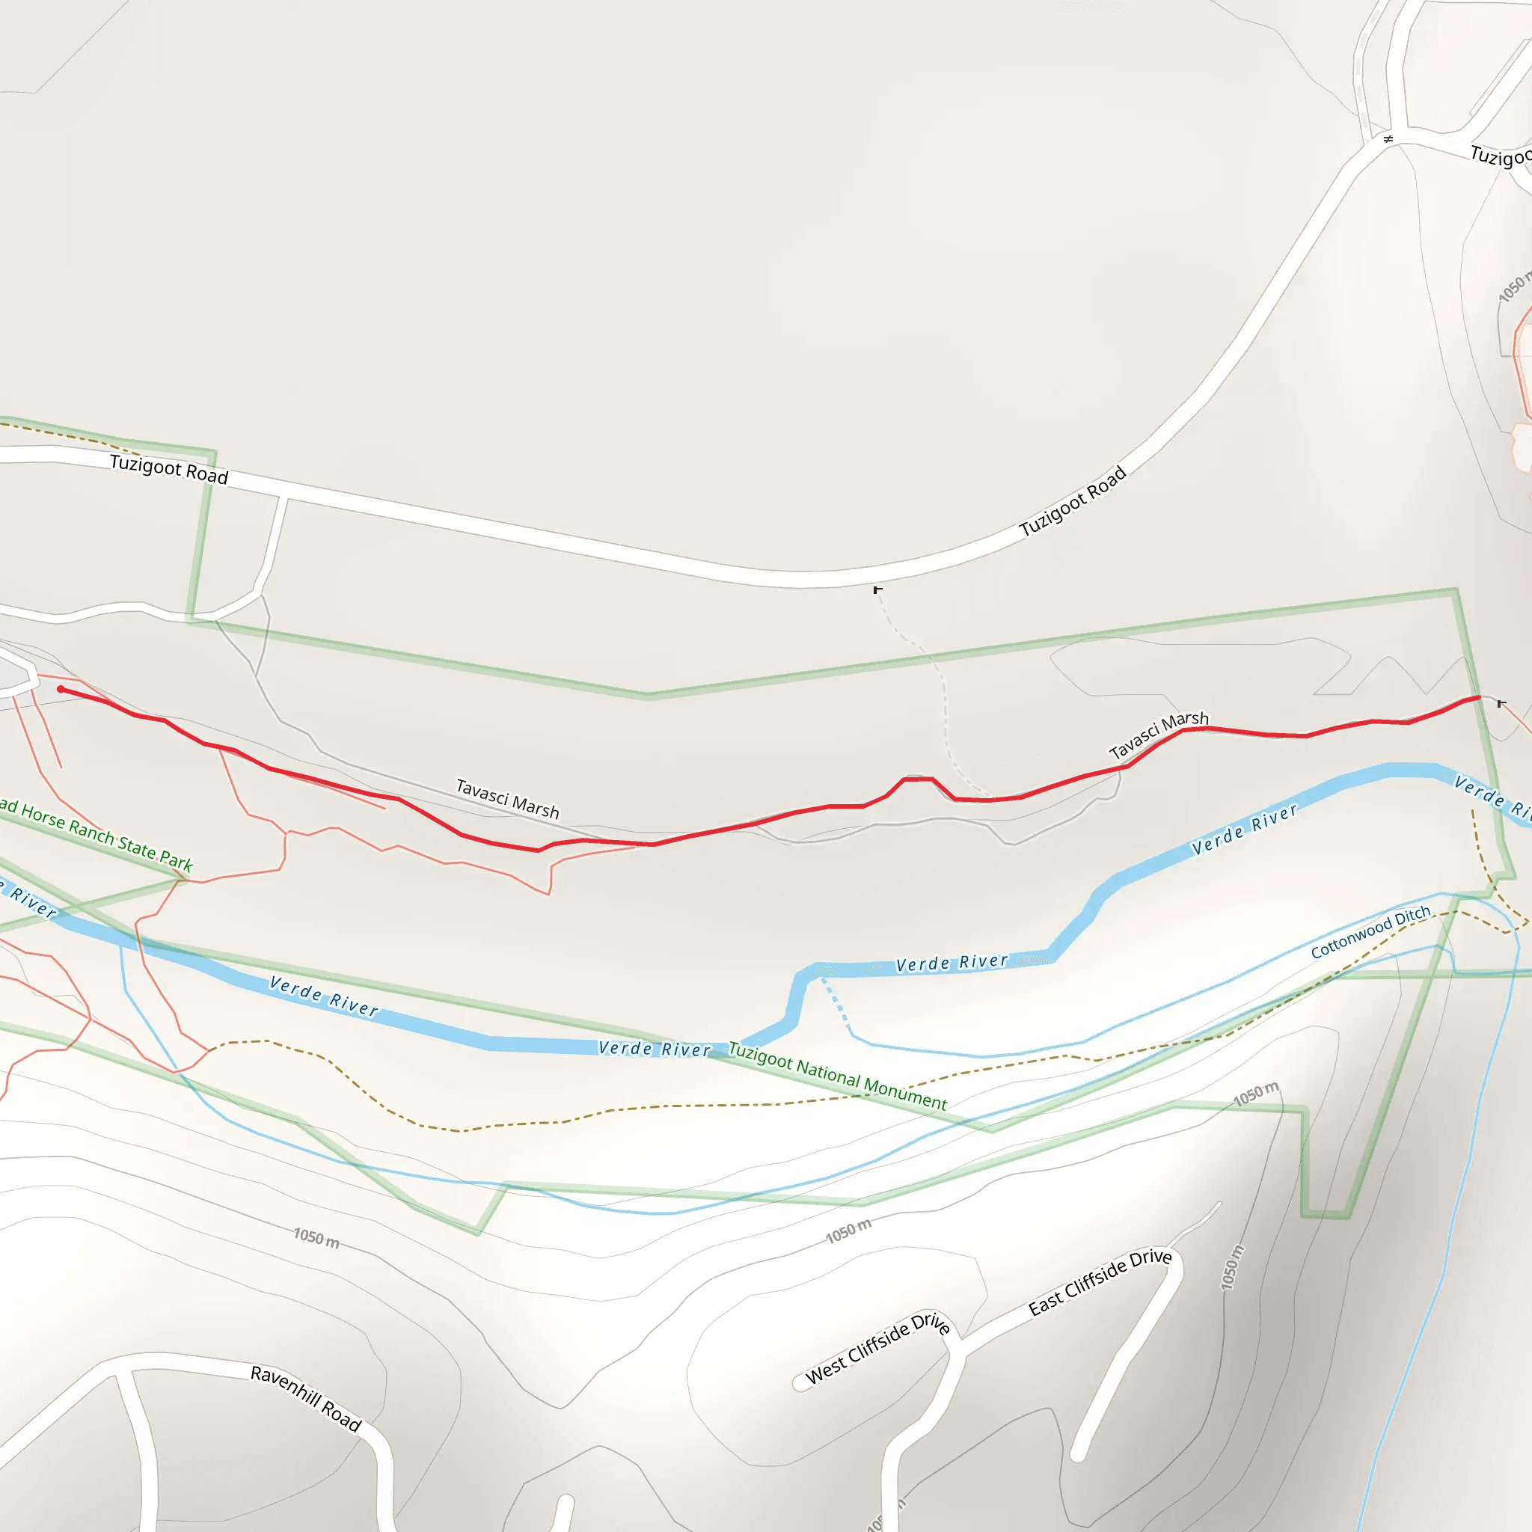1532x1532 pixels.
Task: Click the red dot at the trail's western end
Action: pyautogui.click(x=61, y=689)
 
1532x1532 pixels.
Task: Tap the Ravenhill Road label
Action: pyautogui.click(x=306, y=1398)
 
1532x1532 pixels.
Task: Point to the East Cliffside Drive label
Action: pyautogui.click(x=1100, y=1282)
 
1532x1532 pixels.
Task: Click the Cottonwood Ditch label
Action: pyautogui.click(x=1370, y=933)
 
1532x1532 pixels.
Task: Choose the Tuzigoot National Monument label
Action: pyautogui.click(x=837, y=1076)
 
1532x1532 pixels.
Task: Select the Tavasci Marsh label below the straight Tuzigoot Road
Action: pyautogui.click(x=507, y=797)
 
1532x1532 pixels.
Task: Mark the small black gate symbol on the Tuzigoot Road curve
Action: pyautogui.click(x=877, y=590)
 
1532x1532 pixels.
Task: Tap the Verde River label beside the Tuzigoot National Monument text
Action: pyautogui.click(x=655, y=1048)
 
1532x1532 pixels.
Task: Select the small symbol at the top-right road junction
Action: pyautogui.click(x=1388, y=140)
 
